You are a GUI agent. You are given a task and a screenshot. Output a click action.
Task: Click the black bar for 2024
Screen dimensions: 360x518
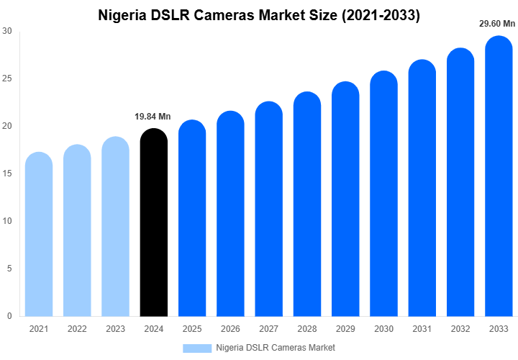click(x=153, y=223)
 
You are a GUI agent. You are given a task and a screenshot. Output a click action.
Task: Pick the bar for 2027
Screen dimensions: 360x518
click(x=268, y=209)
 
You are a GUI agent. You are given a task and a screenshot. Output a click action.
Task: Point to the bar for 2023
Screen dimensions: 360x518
click(x=115, y=227)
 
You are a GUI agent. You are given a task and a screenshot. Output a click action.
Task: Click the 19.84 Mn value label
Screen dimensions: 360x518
click(x=153, y=117)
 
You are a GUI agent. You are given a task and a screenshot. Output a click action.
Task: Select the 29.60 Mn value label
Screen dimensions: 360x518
click(x=497, y=24)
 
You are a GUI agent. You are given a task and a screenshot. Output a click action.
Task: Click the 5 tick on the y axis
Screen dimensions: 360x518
click(x=9, y=269)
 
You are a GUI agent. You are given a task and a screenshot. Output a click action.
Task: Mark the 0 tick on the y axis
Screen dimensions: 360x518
click(x=9, y=316)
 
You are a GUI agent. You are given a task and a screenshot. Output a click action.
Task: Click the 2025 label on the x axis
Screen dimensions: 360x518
click(x=191, y=329)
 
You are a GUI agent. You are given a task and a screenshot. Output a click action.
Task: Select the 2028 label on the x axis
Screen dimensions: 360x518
click(x=306, y=329)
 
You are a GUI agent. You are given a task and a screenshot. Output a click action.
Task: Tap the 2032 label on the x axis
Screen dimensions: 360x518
click(x=460, y=329)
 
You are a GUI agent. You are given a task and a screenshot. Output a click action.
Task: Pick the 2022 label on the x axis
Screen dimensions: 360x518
click(x=77, y=329)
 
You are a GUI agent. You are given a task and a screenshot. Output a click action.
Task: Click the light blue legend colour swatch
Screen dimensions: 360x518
click(x=197, y=348)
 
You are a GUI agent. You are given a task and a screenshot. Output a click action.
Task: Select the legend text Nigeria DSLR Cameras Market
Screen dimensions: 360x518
click(x=276, y=348)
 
